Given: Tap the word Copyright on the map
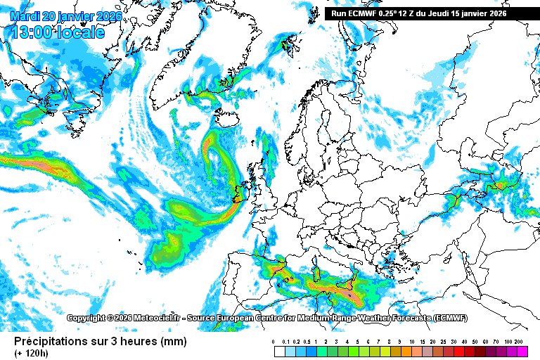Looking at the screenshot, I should point(85,319).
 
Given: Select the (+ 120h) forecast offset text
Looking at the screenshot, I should point(32,352).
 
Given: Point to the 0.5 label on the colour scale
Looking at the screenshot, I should point(307,342).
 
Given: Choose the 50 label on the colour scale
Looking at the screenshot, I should point(475,342).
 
